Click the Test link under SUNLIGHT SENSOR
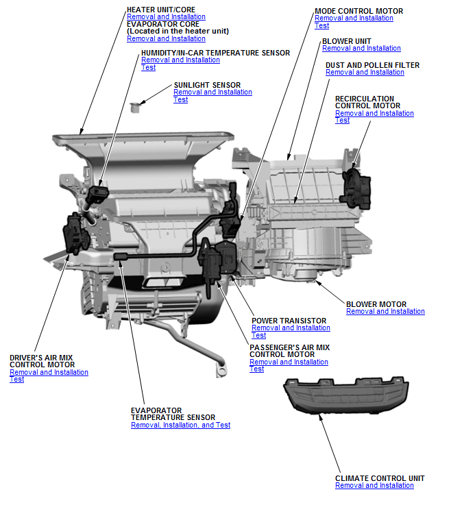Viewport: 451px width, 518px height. [180, 100]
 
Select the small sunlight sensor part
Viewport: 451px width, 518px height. [136, 106]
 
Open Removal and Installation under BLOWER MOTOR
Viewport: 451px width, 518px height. [385, 312]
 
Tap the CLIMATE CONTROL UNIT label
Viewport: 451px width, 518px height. [380, 478]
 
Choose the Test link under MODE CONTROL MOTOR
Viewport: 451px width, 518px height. [321, 26]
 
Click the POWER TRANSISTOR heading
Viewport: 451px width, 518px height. [289, 321]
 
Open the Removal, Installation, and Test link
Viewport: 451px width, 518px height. [180, 425]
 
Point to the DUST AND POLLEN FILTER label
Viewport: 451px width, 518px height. [372, 65]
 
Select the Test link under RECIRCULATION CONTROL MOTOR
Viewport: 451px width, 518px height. [342, 121]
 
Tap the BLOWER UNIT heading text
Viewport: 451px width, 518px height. [346, 41]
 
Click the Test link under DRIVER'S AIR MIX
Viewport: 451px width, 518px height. [16, 380]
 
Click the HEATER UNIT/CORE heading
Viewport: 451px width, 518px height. [160, 10]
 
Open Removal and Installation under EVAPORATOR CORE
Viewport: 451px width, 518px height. [166, 38]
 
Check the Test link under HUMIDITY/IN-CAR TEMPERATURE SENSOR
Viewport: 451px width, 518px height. [148, 67]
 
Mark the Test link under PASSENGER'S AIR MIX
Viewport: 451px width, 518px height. [256, 369]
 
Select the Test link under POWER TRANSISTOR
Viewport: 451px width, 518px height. [258, 336]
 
